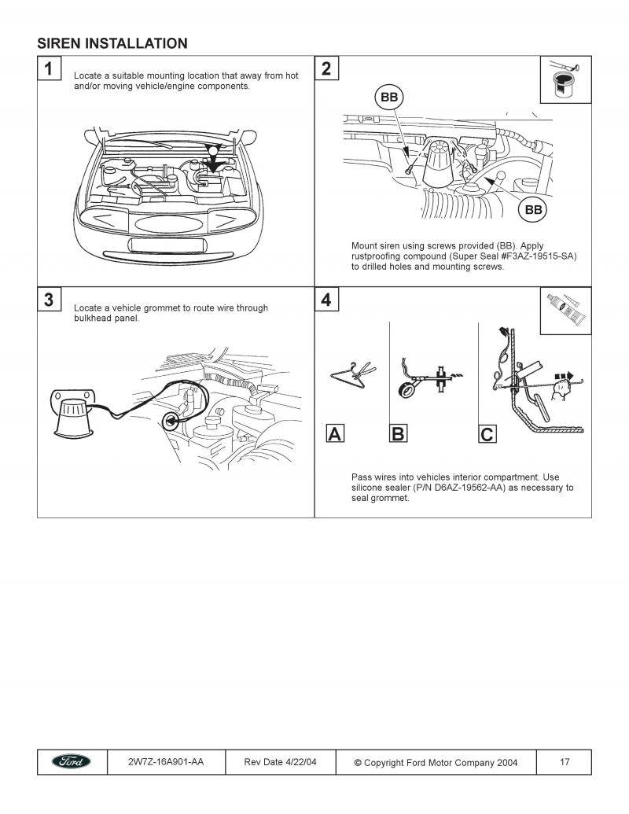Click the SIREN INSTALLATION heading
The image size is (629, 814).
[x=112, y=43]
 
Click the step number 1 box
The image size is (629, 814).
[x=49, y=68]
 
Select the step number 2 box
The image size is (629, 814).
[x=326, y=68]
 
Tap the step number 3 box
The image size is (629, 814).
[x=49, y=300]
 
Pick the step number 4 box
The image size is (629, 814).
[x=326, y=300]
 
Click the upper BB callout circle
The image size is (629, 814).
[x=388, y=98]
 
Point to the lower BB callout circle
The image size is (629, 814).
[x=532, y=210]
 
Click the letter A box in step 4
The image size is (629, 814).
[x=335, y=433]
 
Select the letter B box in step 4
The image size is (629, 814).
[x=398, y=433]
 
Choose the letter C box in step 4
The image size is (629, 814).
[x=487, y=433]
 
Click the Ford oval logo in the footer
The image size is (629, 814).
[x=72, y=762]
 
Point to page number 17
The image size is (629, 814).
[x=565, y=762]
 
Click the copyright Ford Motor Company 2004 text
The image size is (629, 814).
[x=435, y=763]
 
